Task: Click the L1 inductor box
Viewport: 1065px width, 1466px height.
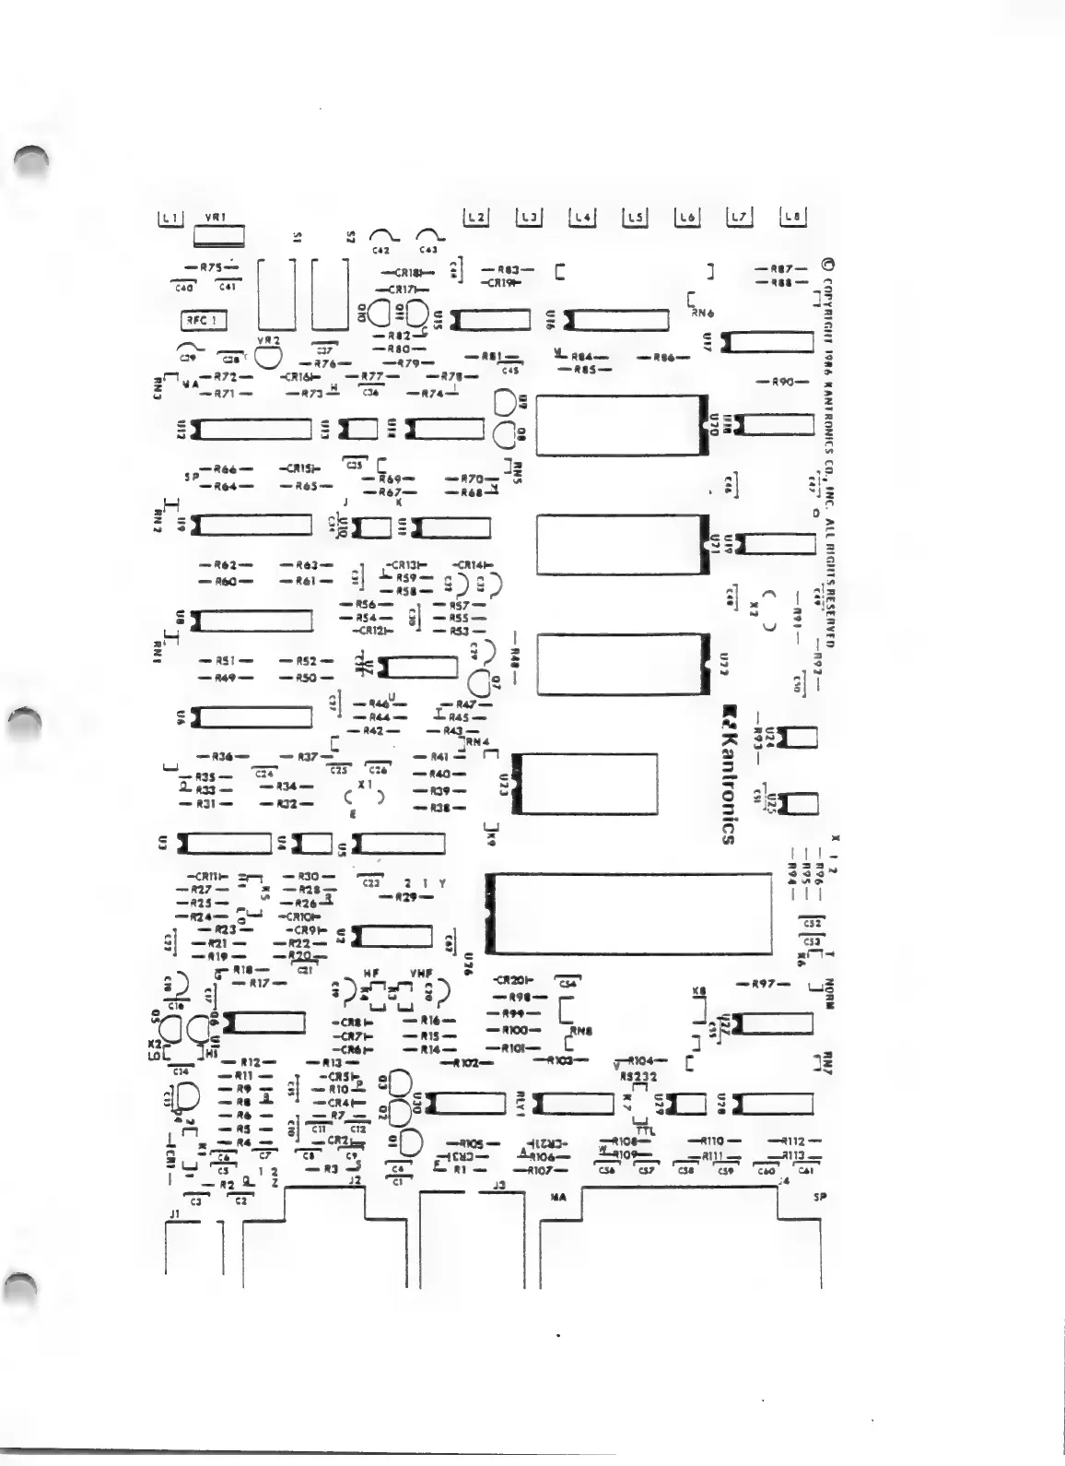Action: pos(171,219)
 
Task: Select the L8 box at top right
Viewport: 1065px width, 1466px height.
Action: pos(793,218)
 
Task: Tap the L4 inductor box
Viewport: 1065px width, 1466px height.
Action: pos(581,218)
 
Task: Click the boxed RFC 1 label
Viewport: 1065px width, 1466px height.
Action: pos(203,321)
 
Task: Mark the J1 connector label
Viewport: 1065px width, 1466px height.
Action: pos(173,1215)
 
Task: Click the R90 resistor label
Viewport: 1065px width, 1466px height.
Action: pos(776,382)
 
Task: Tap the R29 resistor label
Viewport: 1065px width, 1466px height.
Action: pos(405,897)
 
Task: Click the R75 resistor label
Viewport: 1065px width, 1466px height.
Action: pos(212,267)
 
